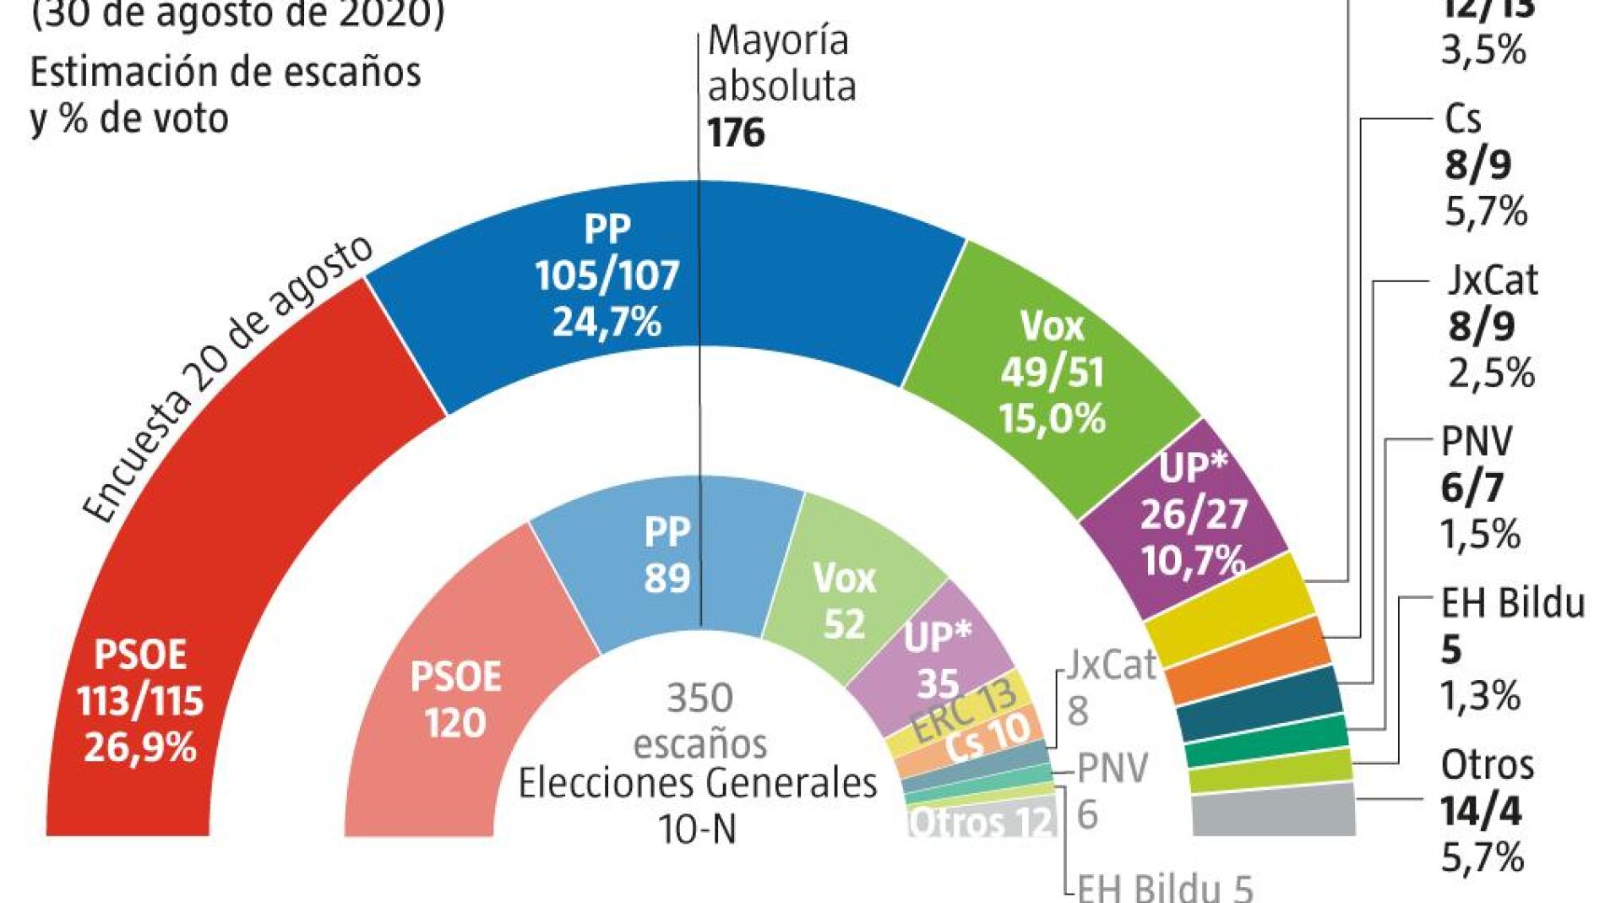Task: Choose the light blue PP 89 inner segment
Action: click(667, 558)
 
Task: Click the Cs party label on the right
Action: click(1462, 119)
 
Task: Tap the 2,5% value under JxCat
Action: click(1491, 373)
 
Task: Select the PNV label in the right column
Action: click(1476, 441)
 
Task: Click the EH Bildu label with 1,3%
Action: click(1512, 603)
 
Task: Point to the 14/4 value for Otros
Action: click(1481, 812)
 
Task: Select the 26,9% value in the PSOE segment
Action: click(140, 748)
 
